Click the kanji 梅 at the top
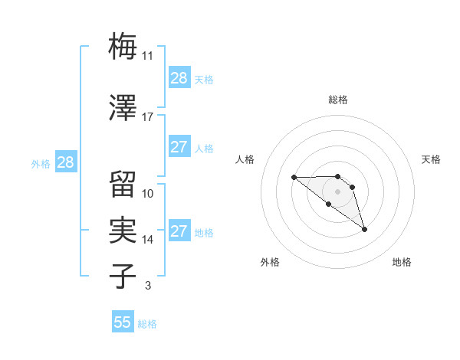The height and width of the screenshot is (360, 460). pos(123,47)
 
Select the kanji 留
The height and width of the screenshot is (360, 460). pos(123,184)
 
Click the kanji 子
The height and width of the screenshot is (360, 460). pos(123,277)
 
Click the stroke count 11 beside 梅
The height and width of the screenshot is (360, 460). pos(148,56)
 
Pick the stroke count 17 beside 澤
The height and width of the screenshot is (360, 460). pos(148,117)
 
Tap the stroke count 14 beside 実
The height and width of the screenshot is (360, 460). pos(148,240)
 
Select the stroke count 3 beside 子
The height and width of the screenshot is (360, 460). pos(147,286)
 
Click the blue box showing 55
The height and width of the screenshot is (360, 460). pos(123,322)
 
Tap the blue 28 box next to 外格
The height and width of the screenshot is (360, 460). pos(65,162)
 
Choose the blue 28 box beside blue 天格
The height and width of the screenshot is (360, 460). pos(179,78)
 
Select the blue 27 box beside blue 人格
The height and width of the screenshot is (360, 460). pos(179,147)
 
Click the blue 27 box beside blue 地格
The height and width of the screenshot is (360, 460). pos(179,231)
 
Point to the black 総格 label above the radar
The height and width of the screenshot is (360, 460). pos(338,100)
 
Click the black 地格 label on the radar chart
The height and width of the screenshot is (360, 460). pos(402,262)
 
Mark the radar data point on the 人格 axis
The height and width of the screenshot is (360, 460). pos(294,178)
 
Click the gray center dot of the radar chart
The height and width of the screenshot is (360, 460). pos(338,191)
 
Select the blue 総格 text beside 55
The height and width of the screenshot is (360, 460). pos(147,324)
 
